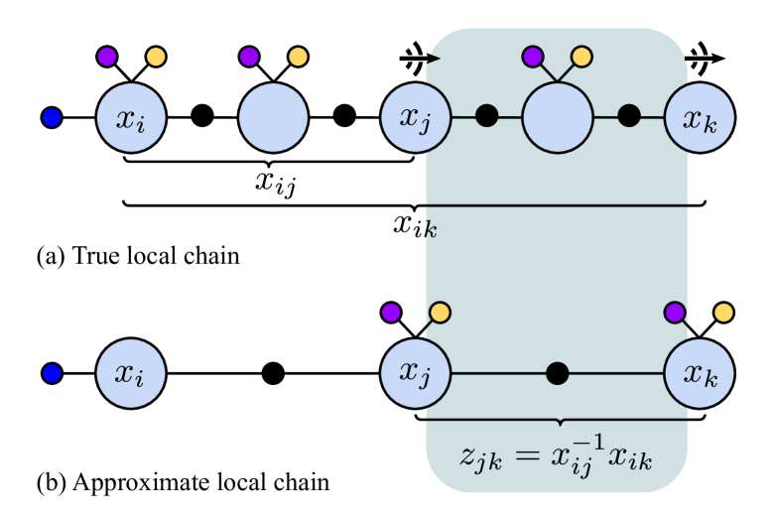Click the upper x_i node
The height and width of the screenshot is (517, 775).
(131, 118)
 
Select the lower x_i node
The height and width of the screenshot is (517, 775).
(131, 373)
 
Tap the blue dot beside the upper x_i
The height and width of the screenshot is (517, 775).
(53, 118)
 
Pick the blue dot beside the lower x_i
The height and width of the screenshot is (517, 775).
(53, 373)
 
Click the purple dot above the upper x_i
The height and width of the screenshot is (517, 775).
(107, 57)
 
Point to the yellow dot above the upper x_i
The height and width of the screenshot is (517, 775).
(156, 57)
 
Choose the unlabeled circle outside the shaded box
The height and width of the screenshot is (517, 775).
(273, 118)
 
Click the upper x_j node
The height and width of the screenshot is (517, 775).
(416, 118)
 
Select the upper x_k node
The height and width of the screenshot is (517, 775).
(700, 118)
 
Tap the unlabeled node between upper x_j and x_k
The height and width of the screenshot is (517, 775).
(558, 118)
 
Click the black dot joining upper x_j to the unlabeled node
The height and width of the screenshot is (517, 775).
(486, 116)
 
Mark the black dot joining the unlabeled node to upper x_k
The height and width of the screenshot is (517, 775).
(629, 116)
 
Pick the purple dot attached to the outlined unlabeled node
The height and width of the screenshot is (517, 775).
(533, 57)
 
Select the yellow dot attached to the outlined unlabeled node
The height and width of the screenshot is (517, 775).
(581, 57)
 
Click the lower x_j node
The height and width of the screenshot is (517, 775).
(416, 373)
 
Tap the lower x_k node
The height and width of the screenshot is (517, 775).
(700, 373)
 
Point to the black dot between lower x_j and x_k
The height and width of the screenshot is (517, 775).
(558, 373)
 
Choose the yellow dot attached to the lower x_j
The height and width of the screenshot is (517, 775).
(440, 313)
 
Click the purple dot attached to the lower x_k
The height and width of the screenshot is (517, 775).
(675, 313)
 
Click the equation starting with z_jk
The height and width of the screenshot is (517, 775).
(557, 456)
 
